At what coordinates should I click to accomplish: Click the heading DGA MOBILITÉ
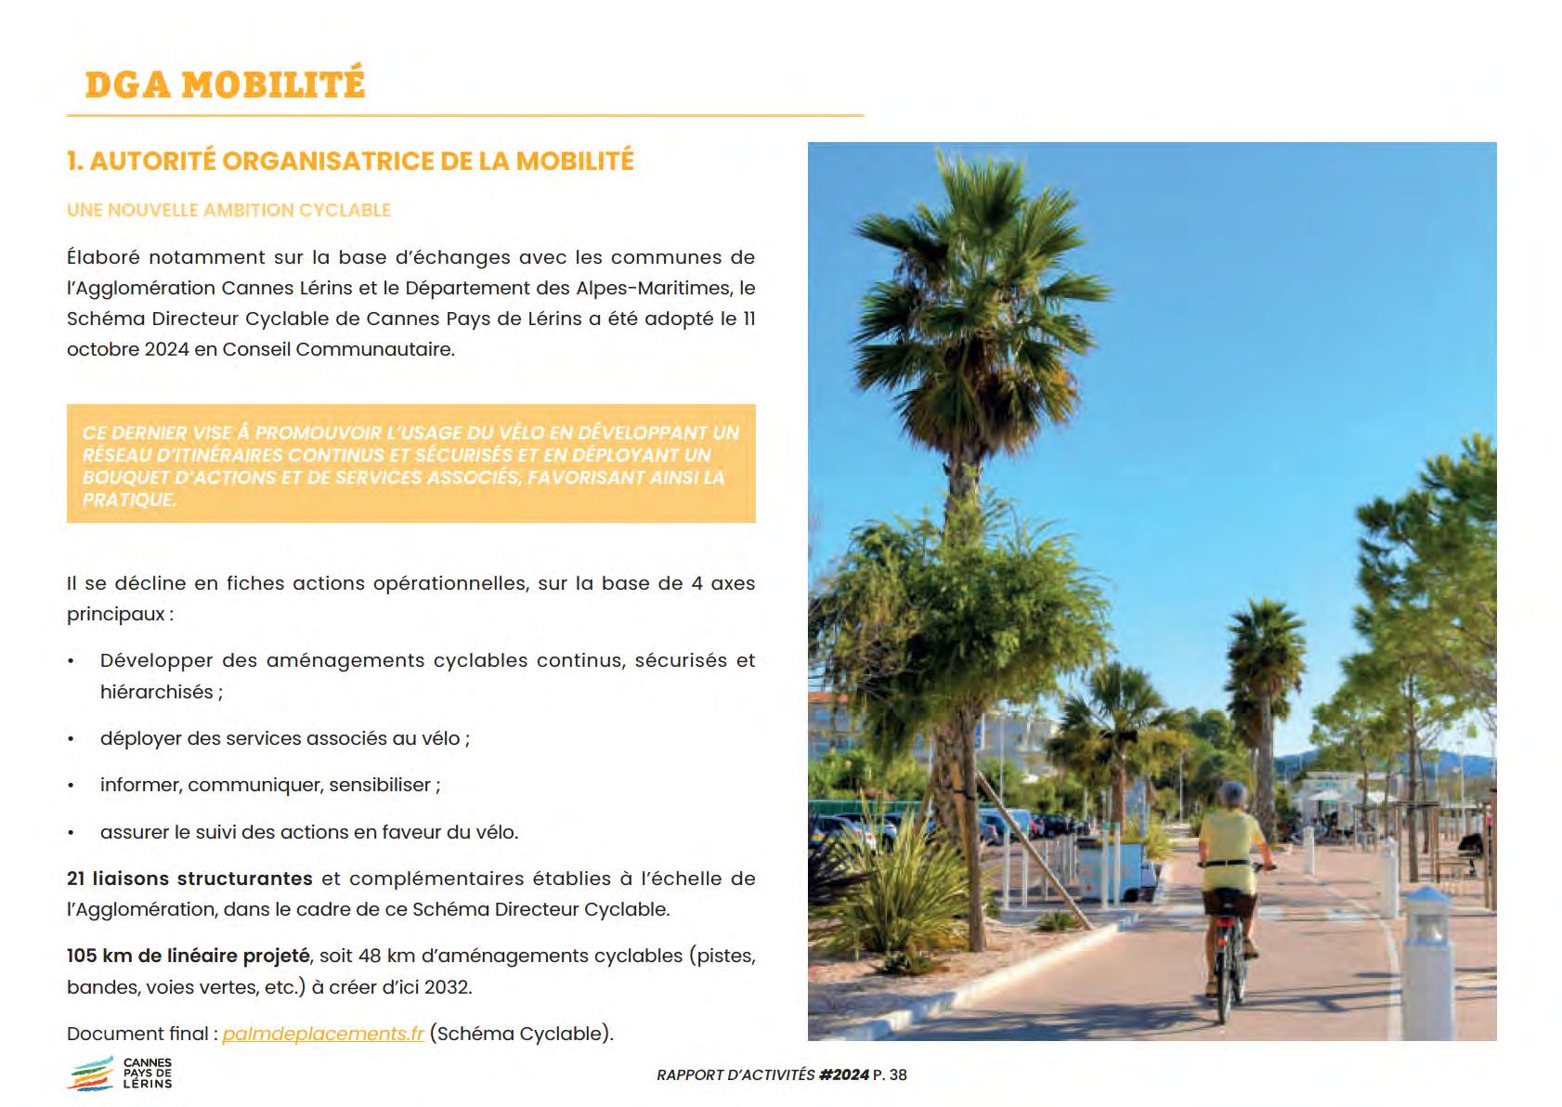[225, 85]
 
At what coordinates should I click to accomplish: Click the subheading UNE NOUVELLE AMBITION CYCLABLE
[228, 210]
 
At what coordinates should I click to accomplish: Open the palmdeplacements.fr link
[323, 1034]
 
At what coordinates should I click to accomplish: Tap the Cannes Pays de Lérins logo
[121, 1074]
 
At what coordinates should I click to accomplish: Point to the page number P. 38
[890, 1075]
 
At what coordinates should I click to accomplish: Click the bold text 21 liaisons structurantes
[189, 879]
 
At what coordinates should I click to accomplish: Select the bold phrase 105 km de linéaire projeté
[188, 956]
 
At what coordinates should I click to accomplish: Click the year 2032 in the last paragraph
[446, 987]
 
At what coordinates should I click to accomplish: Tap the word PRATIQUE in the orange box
[128, 500]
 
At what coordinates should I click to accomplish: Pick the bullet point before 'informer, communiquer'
[72, 786]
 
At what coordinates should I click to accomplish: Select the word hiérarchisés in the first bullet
[156, 692]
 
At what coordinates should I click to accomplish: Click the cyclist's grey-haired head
[1232, 796]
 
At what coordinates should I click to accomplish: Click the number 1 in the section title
[72, 162]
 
